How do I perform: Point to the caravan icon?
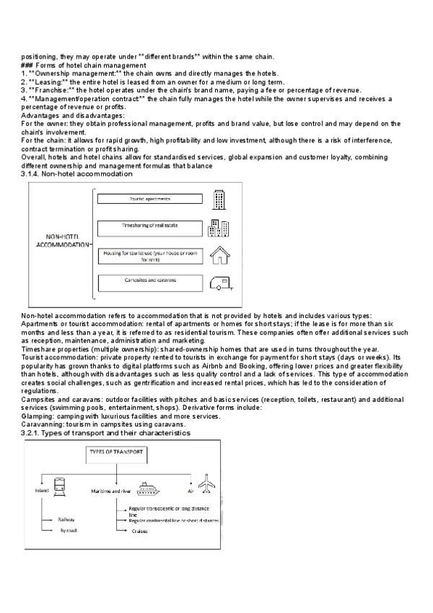[219, 283]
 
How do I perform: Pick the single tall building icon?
[219, 200]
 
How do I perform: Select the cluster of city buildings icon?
[219, 228]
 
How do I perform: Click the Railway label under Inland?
[68, 519]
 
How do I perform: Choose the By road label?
[69, 530]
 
